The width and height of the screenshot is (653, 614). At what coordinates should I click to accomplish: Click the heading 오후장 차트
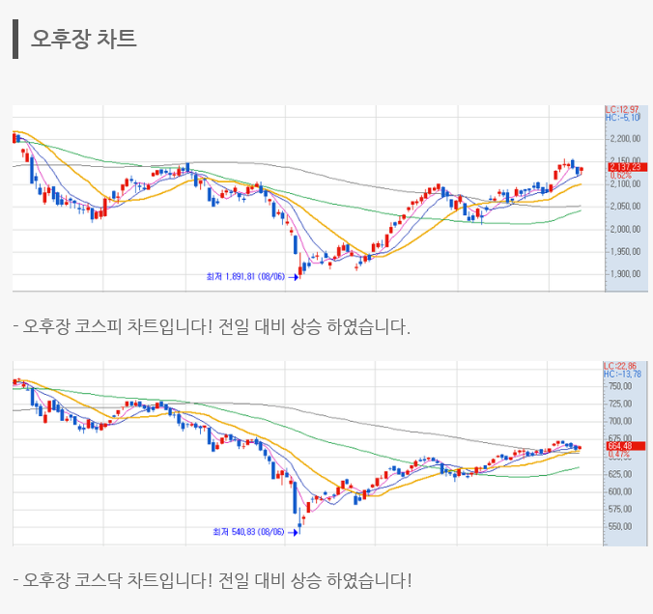pos(84,39)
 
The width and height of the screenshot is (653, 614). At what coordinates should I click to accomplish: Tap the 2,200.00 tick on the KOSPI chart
pos(625,138)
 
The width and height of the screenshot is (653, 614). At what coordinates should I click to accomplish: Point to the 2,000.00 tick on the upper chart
pos(625,229)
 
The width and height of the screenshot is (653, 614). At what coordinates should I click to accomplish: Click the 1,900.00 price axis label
pos(625,274)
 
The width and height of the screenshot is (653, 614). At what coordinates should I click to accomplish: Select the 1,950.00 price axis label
pos(625,251)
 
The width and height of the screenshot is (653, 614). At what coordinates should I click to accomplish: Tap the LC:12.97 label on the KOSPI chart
pos(623,109)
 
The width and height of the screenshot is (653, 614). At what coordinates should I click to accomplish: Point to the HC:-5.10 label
pos(623,118)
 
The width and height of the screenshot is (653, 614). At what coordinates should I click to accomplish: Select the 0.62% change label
pos(619,175)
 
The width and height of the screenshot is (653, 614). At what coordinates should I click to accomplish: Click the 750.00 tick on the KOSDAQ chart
pos(621,386)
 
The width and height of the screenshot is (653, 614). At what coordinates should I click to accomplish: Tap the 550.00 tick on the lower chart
pos(621,527)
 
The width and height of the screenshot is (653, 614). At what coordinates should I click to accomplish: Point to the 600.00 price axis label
pos(621,491)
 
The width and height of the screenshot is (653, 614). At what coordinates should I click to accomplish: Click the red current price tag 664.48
pos(619,446)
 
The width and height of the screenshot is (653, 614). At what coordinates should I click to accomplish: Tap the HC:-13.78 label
pos(623,375)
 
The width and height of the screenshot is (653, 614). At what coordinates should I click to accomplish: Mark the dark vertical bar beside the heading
pos(15,39)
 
